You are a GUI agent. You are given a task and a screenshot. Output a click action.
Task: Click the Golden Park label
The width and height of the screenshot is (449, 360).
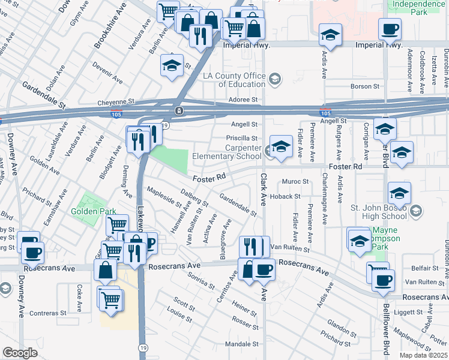coord(88,211)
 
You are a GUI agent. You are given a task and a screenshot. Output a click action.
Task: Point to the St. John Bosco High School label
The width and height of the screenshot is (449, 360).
coord(381,212)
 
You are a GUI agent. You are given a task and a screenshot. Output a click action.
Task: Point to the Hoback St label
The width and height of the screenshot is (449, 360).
coord(285,196)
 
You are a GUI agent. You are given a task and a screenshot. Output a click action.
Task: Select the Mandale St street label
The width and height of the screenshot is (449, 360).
coord(241,344)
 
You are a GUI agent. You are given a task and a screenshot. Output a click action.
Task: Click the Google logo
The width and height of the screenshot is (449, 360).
coord(20,353)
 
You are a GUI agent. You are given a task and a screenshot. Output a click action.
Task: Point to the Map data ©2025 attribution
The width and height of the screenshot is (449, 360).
coord(423,355)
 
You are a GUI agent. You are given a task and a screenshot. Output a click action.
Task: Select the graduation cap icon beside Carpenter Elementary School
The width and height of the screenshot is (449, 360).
coord(280,148)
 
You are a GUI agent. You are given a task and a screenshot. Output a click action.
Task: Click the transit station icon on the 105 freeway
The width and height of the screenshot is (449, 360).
coord(179,111)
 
